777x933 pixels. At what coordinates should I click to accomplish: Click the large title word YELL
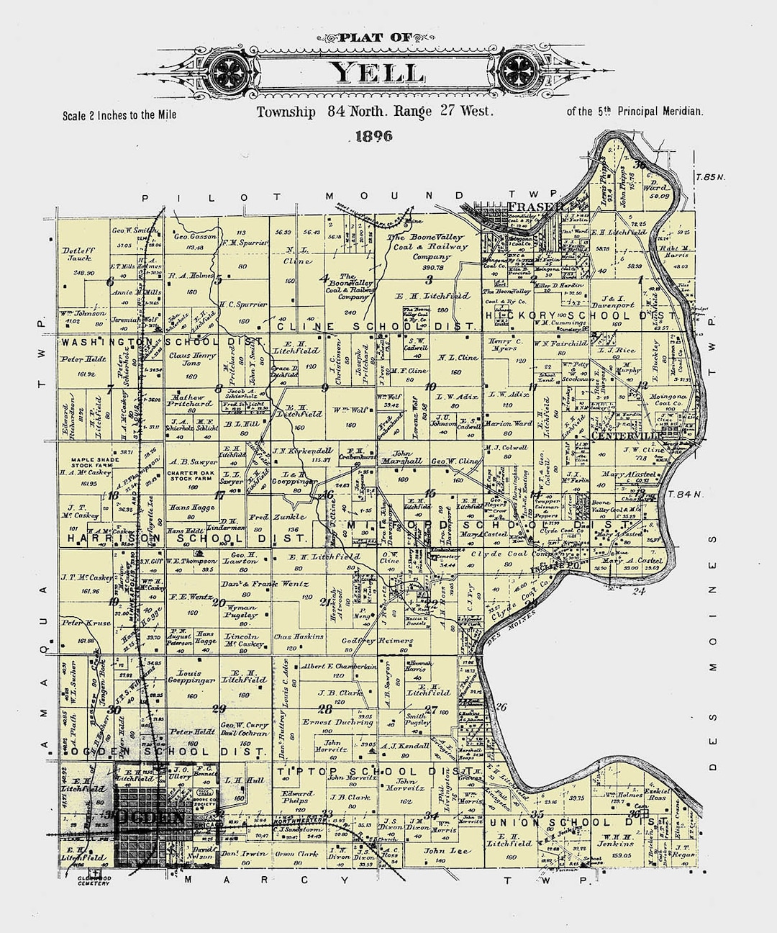(376, 73)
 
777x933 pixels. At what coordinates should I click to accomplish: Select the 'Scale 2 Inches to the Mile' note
(119, 114)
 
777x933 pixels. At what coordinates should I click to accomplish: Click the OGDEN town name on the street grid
(146, 816)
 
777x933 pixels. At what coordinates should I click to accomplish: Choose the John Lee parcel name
(440, 851)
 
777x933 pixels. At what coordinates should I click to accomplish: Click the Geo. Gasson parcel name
(195, 236)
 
